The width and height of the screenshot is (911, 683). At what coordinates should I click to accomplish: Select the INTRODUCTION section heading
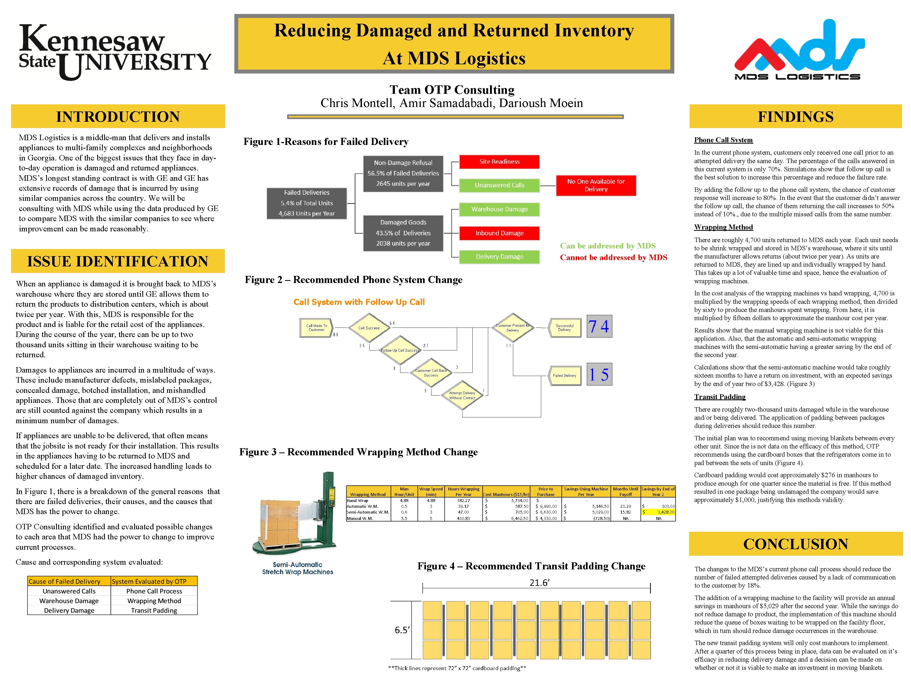click(x=118, y=116)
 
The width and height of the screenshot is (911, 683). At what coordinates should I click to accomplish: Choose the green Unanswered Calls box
click(x=499, y=185)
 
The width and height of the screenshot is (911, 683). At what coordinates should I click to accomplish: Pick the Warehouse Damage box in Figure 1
click(x=499, y=209)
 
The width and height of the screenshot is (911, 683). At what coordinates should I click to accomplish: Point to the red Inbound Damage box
click(x=499, y=233)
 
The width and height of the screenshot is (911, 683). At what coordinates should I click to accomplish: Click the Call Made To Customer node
click(x=316, y=328)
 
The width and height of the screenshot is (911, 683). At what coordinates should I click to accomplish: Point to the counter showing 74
click(x=599, y=326)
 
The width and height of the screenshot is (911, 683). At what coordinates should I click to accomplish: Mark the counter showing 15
click(x=599, y=374)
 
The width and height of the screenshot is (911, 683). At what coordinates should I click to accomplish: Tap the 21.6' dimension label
click(x=539, y=583)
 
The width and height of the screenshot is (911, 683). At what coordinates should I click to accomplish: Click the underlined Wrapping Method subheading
click(x=723, y=227)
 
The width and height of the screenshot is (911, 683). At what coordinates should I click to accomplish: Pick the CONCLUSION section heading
click(x=795, y=544)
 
